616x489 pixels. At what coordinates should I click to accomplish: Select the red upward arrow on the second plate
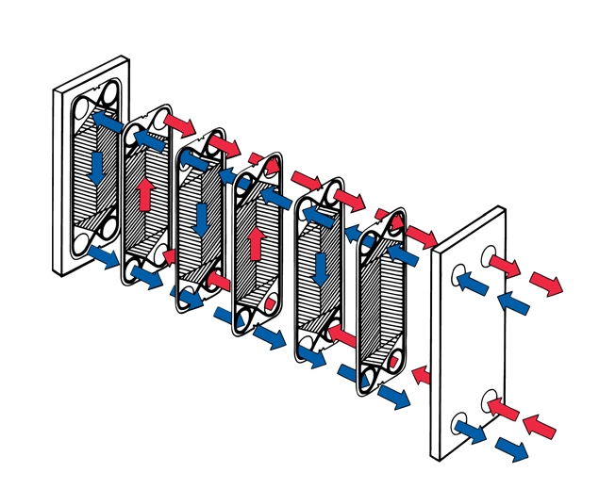click(144, 196)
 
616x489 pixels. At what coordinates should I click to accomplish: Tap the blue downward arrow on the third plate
click(199, 217)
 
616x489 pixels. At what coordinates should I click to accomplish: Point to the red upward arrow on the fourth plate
click(255, 242)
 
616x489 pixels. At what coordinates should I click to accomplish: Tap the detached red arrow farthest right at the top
click(547, 282)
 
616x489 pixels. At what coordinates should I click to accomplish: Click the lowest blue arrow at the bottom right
click(512, 448)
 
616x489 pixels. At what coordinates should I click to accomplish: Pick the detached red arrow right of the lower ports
click(541, 425)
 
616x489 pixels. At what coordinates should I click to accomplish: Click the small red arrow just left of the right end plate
click(421, 375)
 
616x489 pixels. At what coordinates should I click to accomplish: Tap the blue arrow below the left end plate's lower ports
click(103, 255)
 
